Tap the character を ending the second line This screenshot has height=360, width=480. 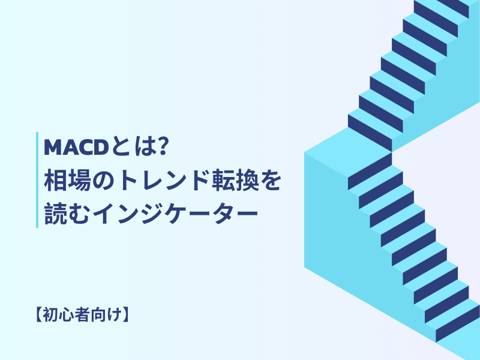[x=269, y=179]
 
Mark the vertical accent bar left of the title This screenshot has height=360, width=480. [x=37, y=179]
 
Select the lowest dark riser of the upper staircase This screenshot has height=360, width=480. [x=370, y=133]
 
